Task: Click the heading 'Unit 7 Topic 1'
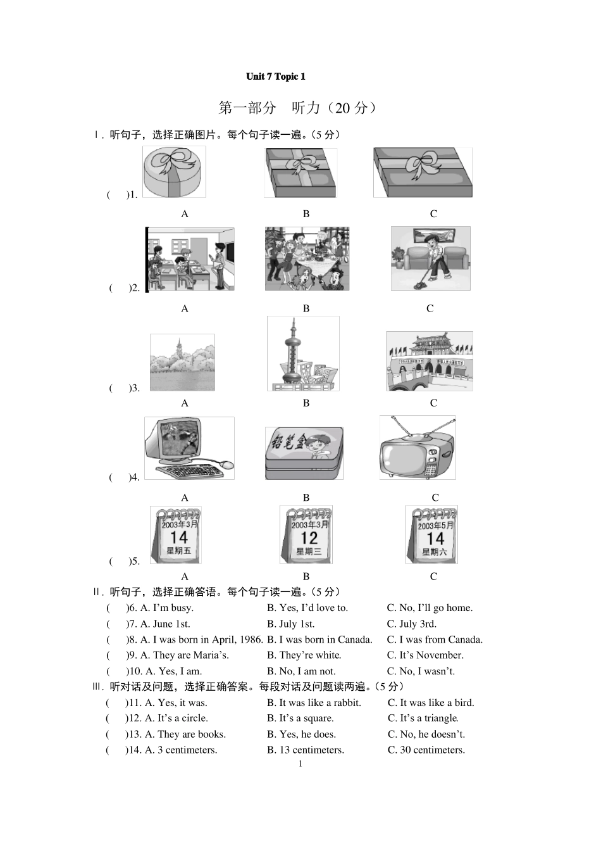[275, 77]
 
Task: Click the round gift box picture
[174, 172]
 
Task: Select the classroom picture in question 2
[190, 260]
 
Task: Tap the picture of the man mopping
[430, 258]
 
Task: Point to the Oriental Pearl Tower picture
[302, 354]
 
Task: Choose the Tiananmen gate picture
[429, 361]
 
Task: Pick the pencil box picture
[304, 453]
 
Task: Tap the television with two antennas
[417, 449]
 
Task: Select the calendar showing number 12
[306, 535]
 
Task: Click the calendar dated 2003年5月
[431, 535]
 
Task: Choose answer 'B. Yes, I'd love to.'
[307, 608]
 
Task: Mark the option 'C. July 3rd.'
[412, 624]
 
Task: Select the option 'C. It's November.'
[425, 655]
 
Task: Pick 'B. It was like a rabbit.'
[314, 703]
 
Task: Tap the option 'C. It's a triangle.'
[423, 718]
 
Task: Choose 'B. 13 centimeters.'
[306, 750]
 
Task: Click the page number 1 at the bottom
[300, 764]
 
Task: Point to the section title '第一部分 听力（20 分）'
[297, 108]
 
